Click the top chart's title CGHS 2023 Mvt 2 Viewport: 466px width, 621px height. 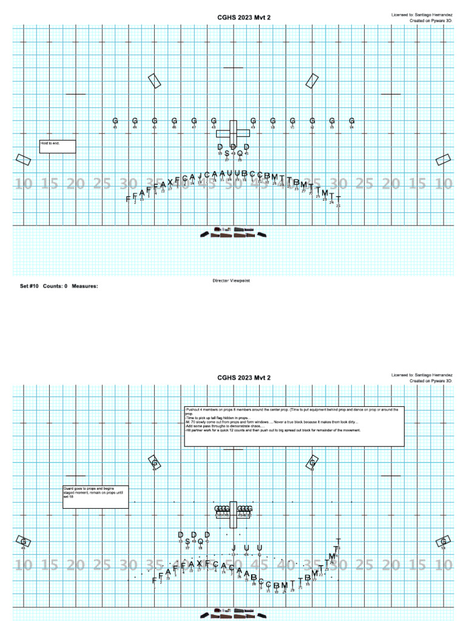[244, 18]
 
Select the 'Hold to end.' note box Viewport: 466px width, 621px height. [58, 146]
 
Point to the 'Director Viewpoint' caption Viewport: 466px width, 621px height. [231, 281]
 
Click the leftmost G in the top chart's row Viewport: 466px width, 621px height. [115, 121]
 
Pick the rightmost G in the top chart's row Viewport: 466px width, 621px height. [351, 121]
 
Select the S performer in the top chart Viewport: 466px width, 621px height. [227, 154]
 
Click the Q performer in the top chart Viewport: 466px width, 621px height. [240, 154]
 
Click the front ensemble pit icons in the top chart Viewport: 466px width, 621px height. [233, 232]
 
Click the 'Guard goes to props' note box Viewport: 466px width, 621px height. [95, 496]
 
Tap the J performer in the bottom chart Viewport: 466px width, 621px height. [234, 548]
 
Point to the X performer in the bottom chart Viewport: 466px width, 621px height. [199, 564]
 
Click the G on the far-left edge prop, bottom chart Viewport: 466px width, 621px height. [23, 541]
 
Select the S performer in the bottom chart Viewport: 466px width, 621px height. [187, 542]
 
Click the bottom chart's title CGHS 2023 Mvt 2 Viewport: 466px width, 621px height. [244, 378]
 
